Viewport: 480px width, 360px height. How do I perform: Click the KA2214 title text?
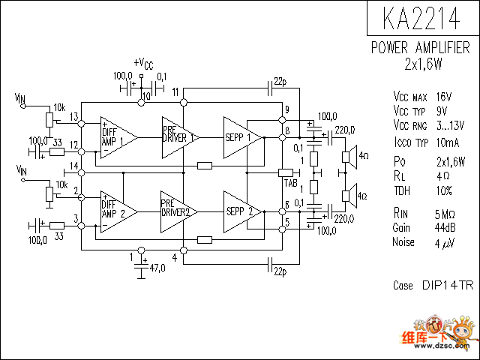pos(421,18)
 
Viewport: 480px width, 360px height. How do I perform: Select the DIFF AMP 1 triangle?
pos(118,138)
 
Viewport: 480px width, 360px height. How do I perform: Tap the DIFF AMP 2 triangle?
pos(118,211)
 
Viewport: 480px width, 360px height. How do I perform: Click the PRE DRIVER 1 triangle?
pos(180,138)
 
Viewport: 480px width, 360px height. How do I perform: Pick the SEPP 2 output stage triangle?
pos(243,211)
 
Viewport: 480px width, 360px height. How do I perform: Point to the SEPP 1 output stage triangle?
pos(243,138)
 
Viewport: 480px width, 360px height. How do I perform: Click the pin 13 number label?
pos(74,117)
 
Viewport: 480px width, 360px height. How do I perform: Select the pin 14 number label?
pos(74,166)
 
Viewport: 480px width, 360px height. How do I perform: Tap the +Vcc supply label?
pos(143,63)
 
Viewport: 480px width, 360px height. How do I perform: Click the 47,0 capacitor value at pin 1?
pos(157,268)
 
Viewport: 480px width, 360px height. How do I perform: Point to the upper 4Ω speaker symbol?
pos(349,157)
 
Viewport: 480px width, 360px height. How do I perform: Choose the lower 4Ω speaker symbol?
pos(349,196)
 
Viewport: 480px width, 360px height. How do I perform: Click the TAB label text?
pos(290,183)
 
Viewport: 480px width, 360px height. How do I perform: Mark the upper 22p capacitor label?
pos(280,82)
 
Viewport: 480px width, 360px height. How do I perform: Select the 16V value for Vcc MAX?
pos(444,97)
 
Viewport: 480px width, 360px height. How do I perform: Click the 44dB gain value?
pos(445,228)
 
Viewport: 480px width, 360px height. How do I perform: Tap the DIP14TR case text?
pos(448,285)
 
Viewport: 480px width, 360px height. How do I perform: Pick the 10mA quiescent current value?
pos(448,142)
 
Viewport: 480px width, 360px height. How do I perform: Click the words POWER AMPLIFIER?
pos(420,48)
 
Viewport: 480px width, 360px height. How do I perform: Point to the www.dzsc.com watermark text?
pos(442,346)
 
